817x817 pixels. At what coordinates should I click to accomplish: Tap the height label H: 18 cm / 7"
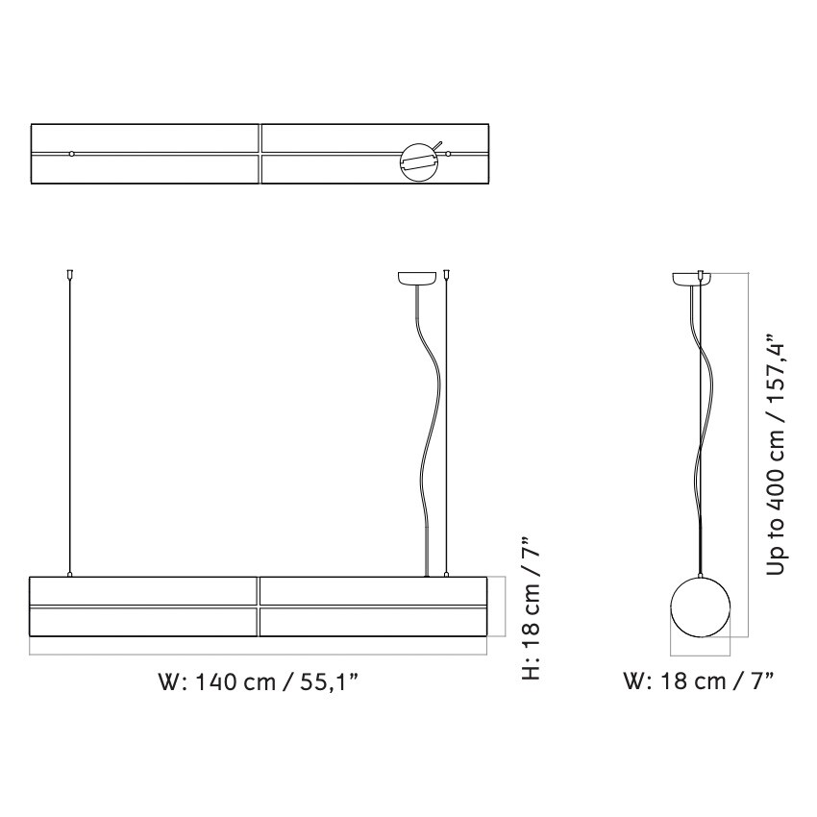tap(531, 607)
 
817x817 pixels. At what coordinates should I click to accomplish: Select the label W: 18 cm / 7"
tap(699, 683)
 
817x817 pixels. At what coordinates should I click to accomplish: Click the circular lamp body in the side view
tap(700, 607)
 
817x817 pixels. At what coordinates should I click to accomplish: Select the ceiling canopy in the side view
tap(689, 279)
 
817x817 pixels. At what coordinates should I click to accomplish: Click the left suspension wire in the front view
tap(69, 423)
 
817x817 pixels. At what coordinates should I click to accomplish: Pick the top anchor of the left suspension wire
tap(69, 275)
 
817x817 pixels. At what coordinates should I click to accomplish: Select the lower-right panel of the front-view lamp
tap(374, 622)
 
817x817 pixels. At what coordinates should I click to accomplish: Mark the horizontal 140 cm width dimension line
tap(260, 655)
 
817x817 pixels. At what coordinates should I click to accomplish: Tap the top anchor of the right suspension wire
tap(448, 275)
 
